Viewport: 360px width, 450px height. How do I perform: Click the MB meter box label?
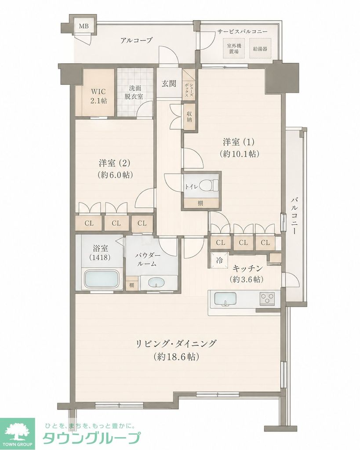[x=84, y=26]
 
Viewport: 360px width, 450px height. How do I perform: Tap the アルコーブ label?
[x=136, y=40]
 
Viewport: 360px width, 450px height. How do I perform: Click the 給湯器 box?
[x=260, y=48]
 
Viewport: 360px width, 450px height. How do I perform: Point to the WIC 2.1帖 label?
[x=98, y=96]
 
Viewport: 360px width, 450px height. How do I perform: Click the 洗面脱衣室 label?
[x=134, y=92]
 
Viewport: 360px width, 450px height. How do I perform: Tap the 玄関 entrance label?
[x=169, y=83]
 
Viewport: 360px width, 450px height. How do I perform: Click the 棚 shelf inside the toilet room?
[x=200, y=203]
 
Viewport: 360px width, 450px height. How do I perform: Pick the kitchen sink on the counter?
[x=225, y=299]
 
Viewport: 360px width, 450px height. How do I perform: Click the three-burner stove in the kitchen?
[x=267, y=298]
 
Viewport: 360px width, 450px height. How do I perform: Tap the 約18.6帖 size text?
[x=176, y=357]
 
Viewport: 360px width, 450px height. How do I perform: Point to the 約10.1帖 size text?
[x=240, y=153]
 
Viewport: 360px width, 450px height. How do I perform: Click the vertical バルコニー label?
[x=293, y=216]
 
